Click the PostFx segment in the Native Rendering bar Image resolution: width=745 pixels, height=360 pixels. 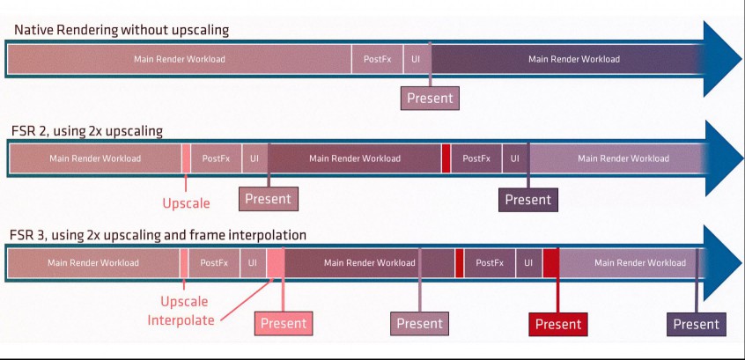point(378,59)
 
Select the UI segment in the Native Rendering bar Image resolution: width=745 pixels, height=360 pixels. point(417,59)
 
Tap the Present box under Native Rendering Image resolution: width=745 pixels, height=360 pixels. point(430,99)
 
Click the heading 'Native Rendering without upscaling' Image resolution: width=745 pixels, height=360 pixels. point(122,30)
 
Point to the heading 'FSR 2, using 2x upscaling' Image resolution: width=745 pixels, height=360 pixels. point(86,131)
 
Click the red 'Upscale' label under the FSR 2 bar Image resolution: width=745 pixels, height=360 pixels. point(187,203)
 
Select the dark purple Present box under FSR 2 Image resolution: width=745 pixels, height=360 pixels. point(528,200)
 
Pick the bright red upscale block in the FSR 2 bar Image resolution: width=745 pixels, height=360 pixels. point(446,158)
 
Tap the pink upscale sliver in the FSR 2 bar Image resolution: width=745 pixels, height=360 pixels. point(187,158)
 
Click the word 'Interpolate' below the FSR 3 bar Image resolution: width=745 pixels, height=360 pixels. point(181,320)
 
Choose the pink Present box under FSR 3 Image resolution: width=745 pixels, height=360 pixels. point(284,324)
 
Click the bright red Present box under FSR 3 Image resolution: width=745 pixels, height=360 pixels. point(558,324)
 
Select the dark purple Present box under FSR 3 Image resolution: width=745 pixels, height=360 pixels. point(697,324)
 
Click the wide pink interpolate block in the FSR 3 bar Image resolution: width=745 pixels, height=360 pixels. point(276,262)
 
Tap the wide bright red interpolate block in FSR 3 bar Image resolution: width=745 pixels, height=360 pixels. point(551,262)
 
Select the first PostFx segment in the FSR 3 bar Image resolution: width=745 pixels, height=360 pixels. point(214,262)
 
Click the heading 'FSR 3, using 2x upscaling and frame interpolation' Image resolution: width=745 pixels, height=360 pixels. point(158,236)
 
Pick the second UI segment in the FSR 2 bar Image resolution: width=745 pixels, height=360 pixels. point(515,158)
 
